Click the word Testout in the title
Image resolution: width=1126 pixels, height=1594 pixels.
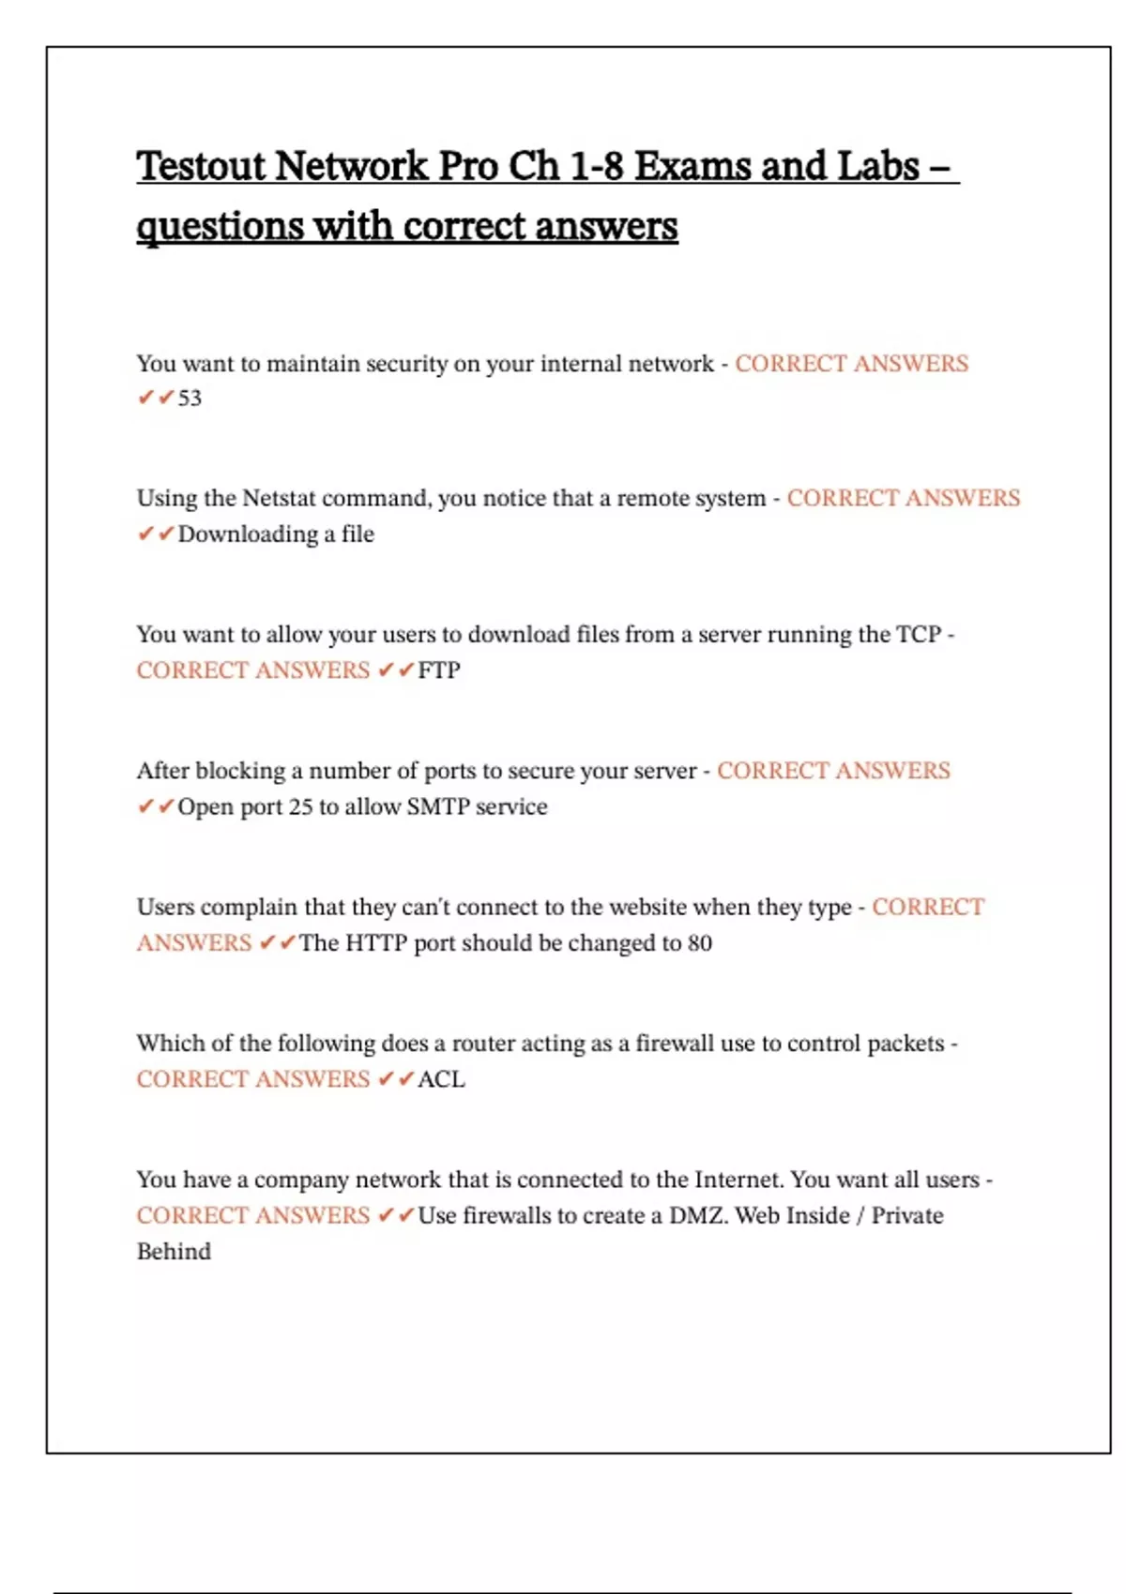pyautogui.click(x=201, y=167)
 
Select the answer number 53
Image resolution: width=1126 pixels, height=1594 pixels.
pyautogui.click(x=190, y=398)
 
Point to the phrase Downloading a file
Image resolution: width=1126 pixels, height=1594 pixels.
pyautogui.click(x=276, y=534)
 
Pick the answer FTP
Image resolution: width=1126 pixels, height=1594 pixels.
pyautogui.click(x=438, y=670)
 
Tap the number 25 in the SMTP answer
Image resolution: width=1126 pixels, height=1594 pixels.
pyautogui.click(x=300, y=807)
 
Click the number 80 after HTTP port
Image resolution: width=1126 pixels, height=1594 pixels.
pyautogui.click(x=699, y=943)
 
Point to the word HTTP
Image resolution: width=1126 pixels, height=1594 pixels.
pyautogui.click(x=375, y=943)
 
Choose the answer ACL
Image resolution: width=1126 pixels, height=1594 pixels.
pyautogui.click(x=441, y=1079)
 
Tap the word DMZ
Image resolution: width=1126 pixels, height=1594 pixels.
pyautogui.click(x=697, y=1216)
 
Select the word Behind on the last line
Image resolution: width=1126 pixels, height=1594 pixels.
pyautogui.click(x=174, y=1252)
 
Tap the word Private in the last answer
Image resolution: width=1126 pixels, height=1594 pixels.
pyautogui.click(x=907, y=1216)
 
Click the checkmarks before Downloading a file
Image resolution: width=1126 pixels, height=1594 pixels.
pyautogui.click(x=156, y=534)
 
